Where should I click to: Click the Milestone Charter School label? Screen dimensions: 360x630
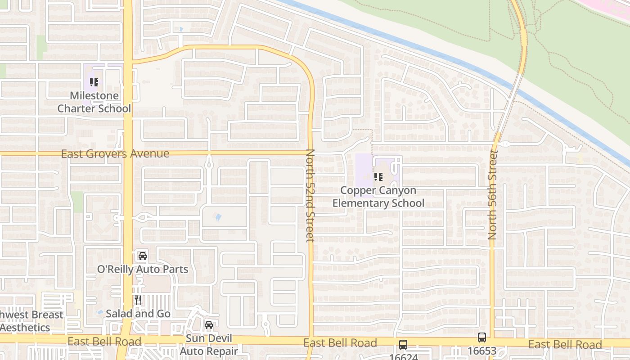tap(94, 102)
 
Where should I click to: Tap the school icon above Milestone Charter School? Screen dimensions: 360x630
tap(94, 82)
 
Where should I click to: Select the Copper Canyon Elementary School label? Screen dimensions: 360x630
tap(378, 197)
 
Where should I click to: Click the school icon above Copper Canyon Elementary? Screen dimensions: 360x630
tap(378, 176)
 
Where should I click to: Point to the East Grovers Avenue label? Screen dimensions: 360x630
tap(115, 154)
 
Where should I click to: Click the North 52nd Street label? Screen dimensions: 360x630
tap(310, 195)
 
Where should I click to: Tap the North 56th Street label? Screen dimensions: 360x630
tap(493, 195)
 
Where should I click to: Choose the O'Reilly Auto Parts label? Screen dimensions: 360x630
tap(143, 269)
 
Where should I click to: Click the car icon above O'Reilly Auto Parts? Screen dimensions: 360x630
tap(143, 256)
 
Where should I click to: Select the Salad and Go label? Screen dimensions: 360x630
tap(138, 314)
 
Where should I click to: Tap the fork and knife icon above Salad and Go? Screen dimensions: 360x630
tap(138, 300)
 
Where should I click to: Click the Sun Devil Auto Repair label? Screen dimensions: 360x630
tap(209, 345)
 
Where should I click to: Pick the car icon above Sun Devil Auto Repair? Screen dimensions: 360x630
tap(209, 324)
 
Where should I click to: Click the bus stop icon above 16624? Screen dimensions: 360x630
tap(403, 345)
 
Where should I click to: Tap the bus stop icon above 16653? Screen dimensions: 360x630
tap(482, 337)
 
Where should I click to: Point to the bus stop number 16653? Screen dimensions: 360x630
tap(482, 351)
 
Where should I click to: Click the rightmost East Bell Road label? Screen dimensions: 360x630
tap(565, 345)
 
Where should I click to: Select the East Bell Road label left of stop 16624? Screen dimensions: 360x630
tap(340, 343)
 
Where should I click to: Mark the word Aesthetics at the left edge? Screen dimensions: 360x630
tap(25, 328)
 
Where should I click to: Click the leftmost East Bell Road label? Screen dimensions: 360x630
tap(104, 342)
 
